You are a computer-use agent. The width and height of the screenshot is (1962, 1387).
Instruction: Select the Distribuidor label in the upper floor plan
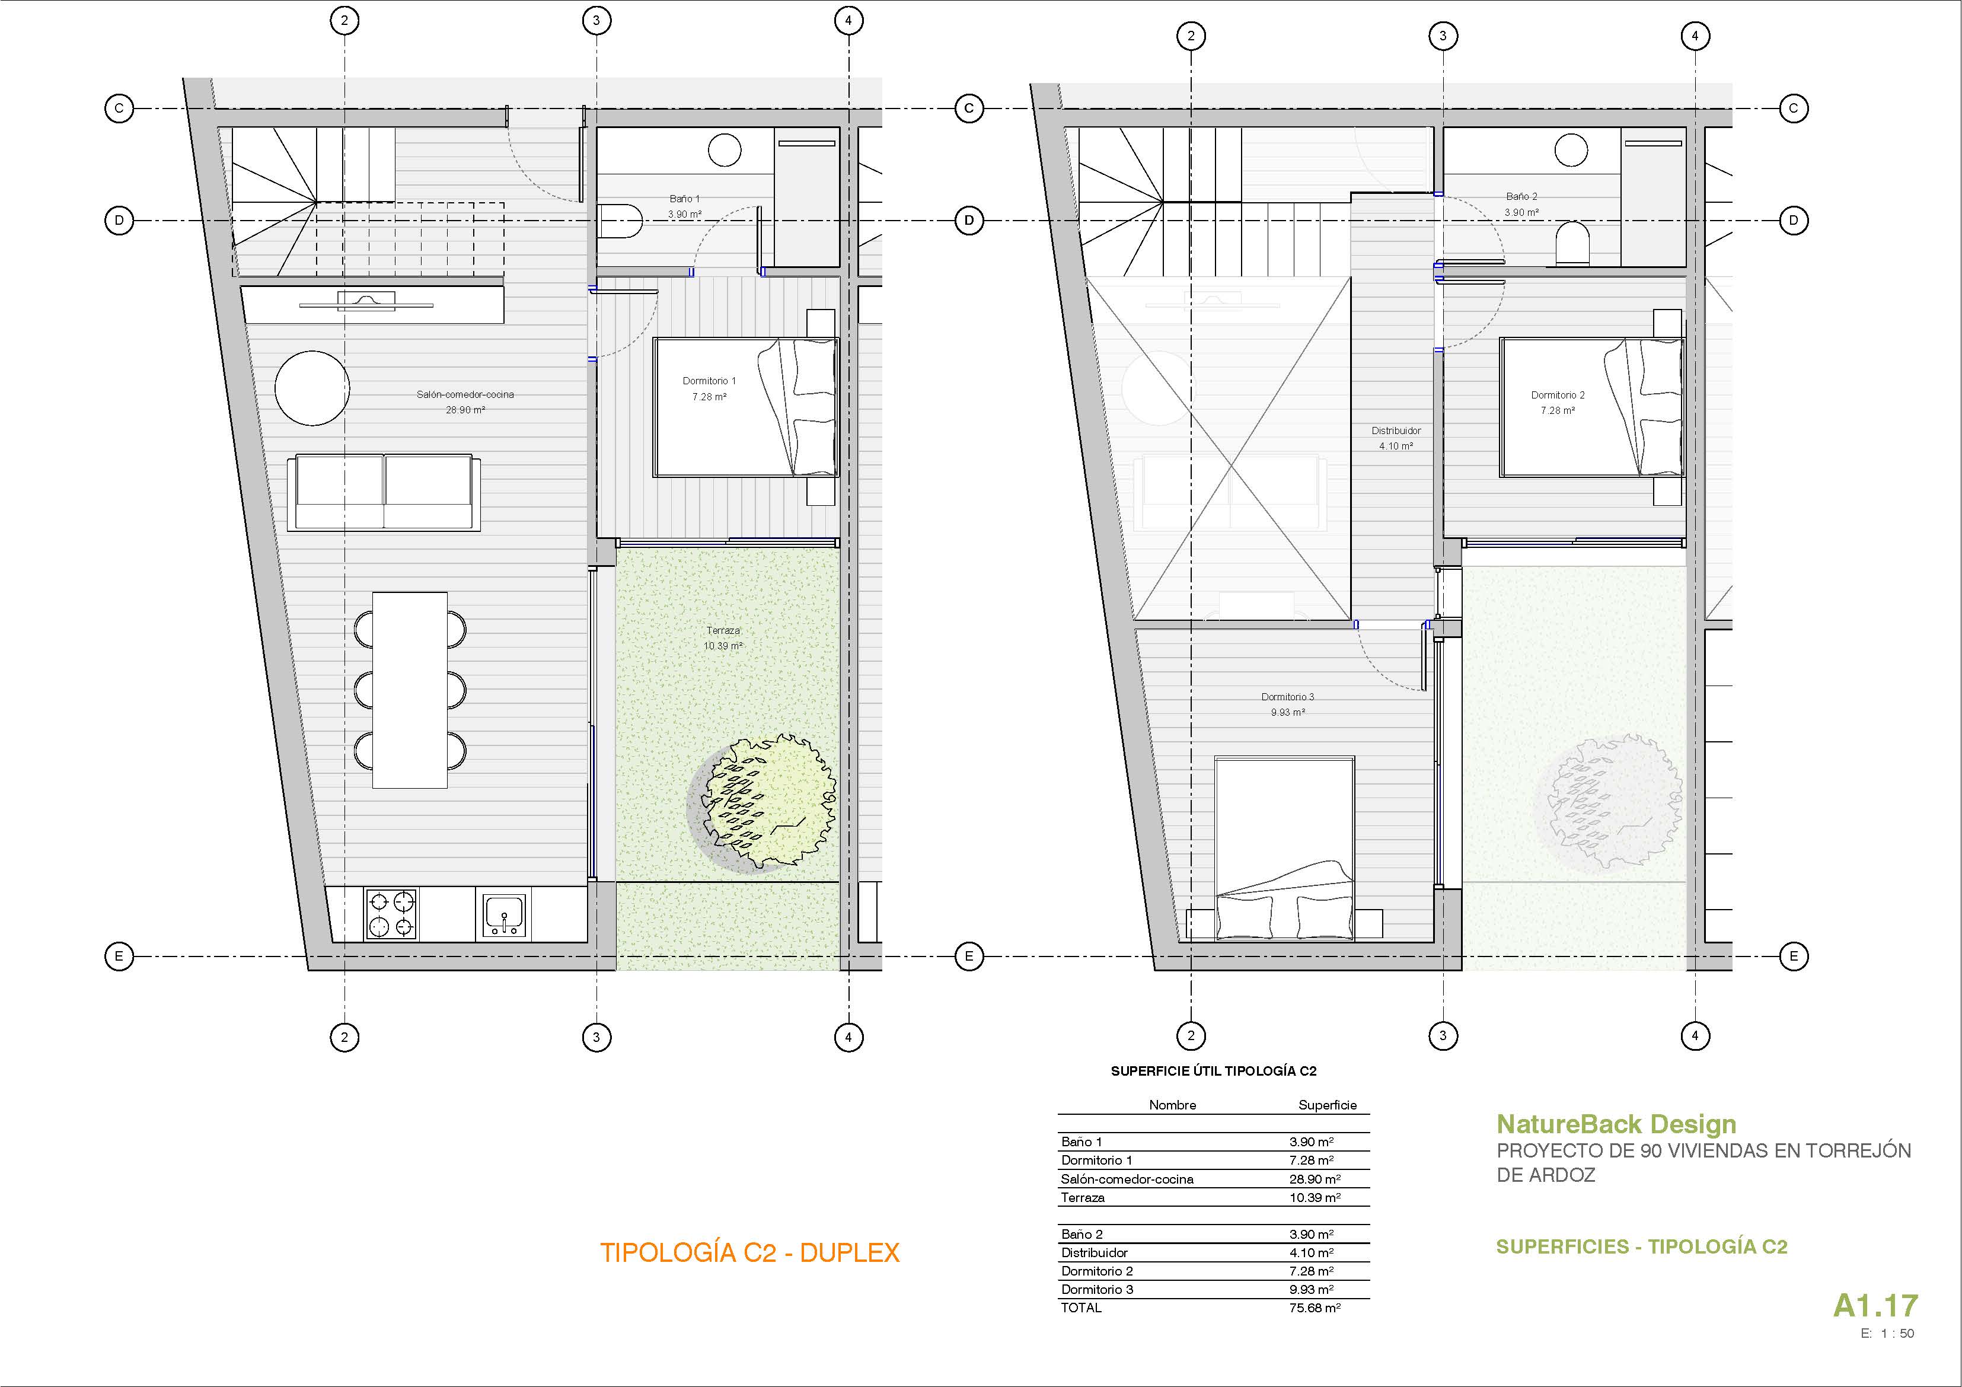pyautogui.click(x=1396, y=431)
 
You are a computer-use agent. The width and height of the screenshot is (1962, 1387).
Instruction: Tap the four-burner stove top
pyautogui.click(x=391, y=914)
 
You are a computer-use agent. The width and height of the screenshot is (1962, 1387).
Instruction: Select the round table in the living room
pyautogui.click(x=312, y=388)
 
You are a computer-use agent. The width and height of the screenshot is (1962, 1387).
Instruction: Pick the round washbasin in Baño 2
pyautogui.click(x=1571, y=151)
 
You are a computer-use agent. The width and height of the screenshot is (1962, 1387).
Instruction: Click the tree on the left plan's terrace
pyautogui.click(x=763, y=803)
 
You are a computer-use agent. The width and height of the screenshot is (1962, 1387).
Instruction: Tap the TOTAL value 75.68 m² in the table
pyautogui.click(x=1315, y=1308)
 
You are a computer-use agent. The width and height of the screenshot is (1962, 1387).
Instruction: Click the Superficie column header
pyautogui.click(x=1327, y=1105)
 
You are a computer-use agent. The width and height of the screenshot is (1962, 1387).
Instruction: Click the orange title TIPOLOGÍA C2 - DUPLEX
pyautogui.click(x=749, y=1253)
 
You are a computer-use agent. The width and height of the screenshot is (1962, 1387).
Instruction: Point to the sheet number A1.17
pyautogui.click(x=1875, y=1306)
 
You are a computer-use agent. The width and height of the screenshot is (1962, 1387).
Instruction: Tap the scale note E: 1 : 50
pyautogui.click(x=1888, y=1333)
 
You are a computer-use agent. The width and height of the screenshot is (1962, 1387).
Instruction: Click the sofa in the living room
pyautogui.click(x=384, y=493)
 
